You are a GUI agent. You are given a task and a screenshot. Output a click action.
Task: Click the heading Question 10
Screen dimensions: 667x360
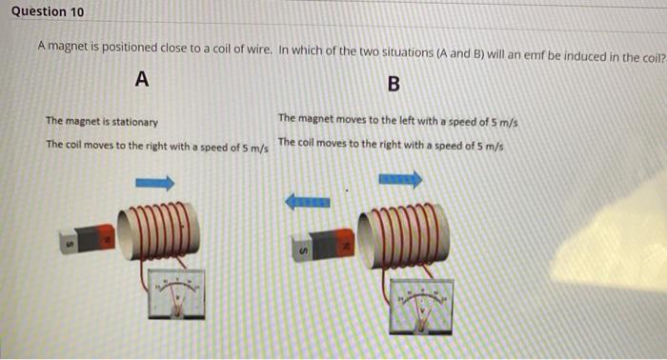[x=48, y=11]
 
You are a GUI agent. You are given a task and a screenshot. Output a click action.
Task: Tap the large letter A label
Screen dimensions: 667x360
[x=142, y=79]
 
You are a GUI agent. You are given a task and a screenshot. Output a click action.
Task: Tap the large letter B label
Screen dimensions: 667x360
[x=394, y=84]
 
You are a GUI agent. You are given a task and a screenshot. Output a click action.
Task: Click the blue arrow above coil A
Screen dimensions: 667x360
[x=155, y=183]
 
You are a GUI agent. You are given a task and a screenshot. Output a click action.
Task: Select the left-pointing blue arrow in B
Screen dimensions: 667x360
[x=308, y=202]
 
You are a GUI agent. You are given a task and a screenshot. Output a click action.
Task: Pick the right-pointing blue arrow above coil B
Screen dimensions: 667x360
[x=401, y=179]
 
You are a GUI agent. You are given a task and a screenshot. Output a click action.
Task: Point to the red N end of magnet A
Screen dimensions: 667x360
[x=107, y=236]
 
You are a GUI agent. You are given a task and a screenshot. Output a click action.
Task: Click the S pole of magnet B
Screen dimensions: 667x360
[x=302, y=250]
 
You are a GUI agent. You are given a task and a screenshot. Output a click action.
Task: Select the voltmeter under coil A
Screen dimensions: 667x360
[x=176, y=293]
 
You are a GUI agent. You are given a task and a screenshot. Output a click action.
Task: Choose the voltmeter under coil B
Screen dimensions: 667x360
[x=421, y=306]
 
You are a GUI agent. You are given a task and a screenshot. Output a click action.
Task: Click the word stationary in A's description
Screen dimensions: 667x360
[x=135, y=123]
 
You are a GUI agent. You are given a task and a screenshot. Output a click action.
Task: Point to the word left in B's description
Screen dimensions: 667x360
[x=407, y=120]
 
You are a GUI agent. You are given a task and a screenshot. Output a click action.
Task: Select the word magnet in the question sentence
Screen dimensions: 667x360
[x=68, y=46]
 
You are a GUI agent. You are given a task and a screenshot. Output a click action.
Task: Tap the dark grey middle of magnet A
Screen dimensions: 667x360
[x=90, y=239]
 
